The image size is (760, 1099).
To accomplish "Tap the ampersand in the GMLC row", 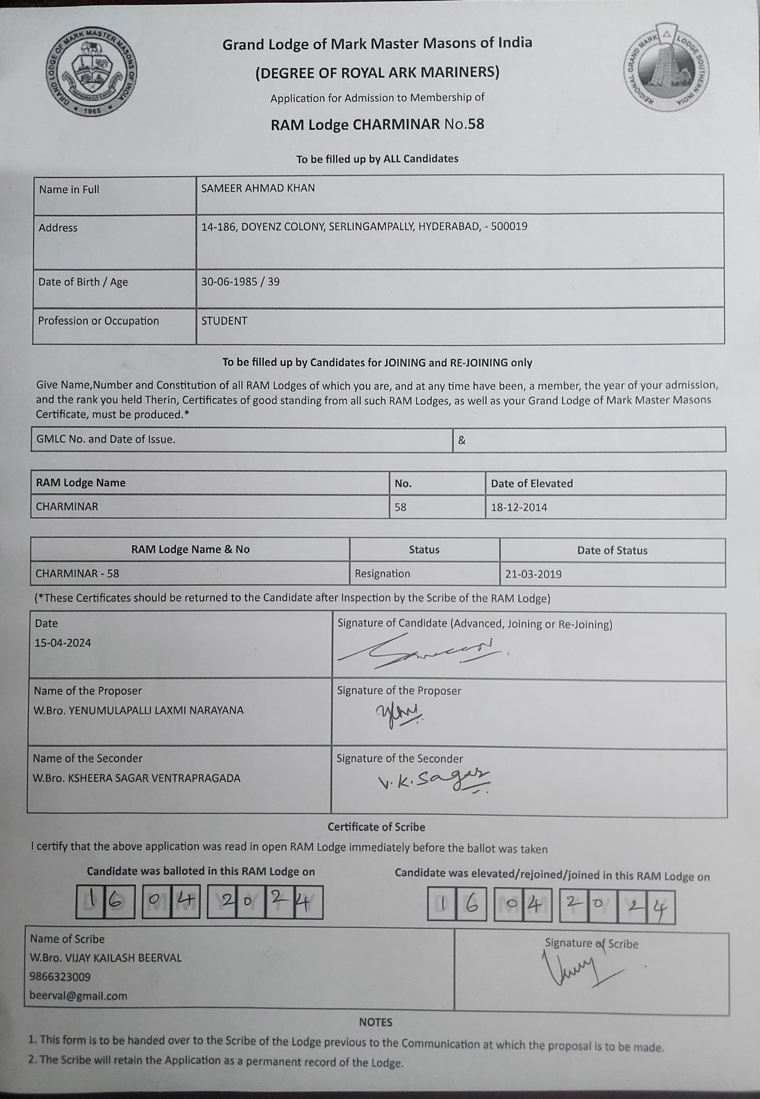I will (461, 440).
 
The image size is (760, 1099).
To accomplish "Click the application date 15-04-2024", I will (62, 643).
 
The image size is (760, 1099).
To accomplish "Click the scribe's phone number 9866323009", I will (60, 977).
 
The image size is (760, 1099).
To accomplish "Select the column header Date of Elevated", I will (531, 483).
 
